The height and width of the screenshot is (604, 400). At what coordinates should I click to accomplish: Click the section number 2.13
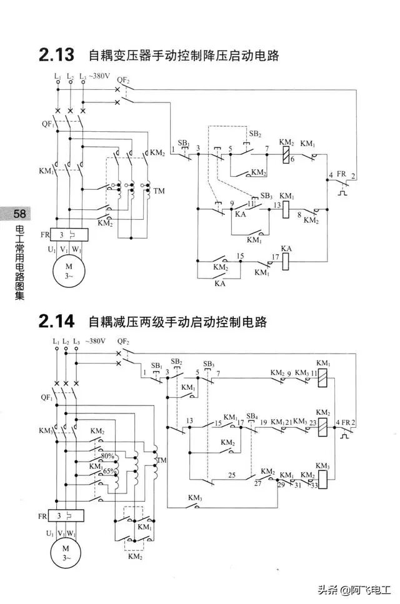point(56,55)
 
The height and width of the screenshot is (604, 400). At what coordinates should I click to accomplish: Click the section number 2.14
point(56,322)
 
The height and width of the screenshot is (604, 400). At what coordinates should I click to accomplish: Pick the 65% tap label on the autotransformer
point(110,471)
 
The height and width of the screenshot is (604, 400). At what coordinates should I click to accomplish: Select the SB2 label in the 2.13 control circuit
point(254,134)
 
